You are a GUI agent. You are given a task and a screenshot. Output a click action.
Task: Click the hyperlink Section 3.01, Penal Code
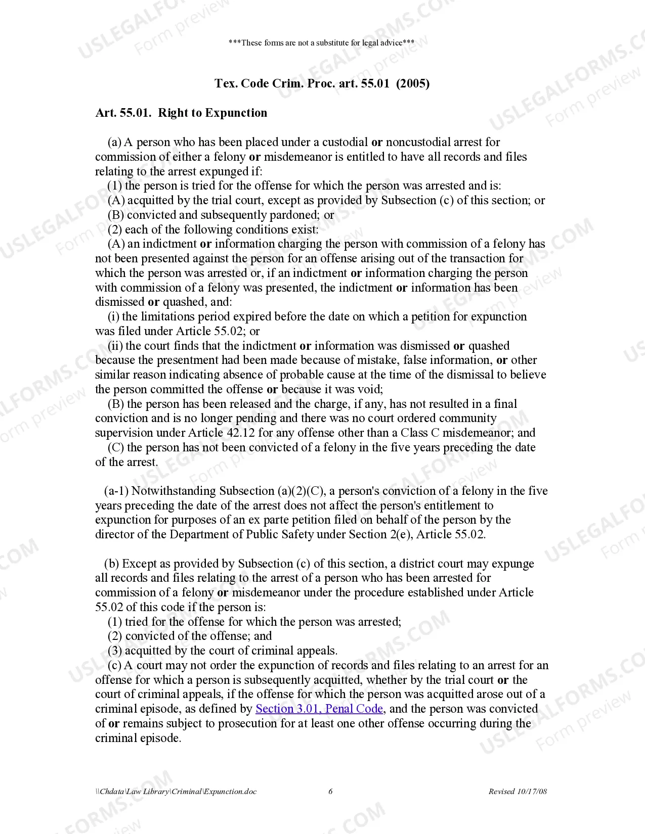pyautogui.click(x=319, y=709)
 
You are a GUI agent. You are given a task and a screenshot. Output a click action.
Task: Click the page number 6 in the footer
pyautogui.click(x=330, y=792)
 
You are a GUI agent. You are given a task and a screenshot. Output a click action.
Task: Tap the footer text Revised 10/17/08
pyautogui.click(x=518, y=792)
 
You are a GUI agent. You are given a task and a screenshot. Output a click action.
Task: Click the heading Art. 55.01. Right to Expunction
pyautogui.click(x=181, y=113)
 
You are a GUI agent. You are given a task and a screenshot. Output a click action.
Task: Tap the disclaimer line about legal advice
pyautogui.click(x=321, y=42)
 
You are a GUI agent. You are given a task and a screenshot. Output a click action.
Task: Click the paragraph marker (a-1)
pyautogui.click(x=116, y=491)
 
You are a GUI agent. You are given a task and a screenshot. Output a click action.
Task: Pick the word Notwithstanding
pyautogui.click(x=174, y=491)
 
